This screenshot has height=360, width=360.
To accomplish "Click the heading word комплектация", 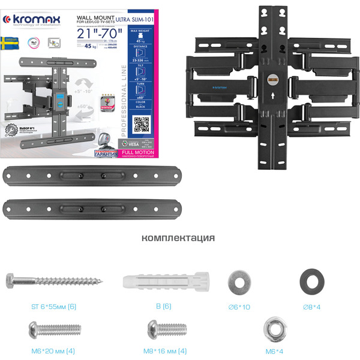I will [x=178, y=238].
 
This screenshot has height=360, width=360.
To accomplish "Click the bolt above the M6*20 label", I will [x=55, y=329].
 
